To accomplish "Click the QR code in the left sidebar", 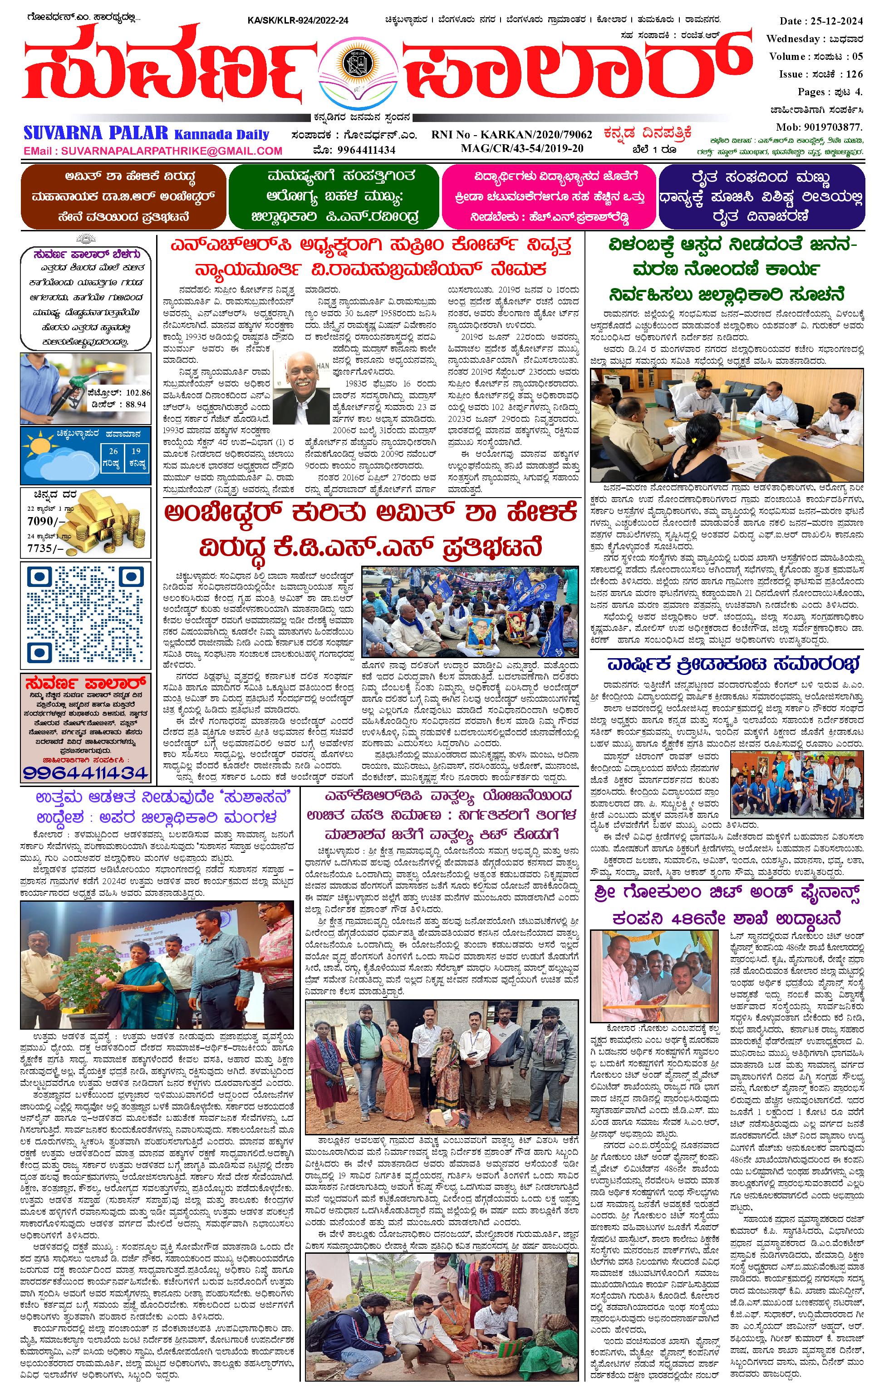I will (x=85, y=614).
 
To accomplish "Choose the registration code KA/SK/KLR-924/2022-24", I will (x=298, y=21).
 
